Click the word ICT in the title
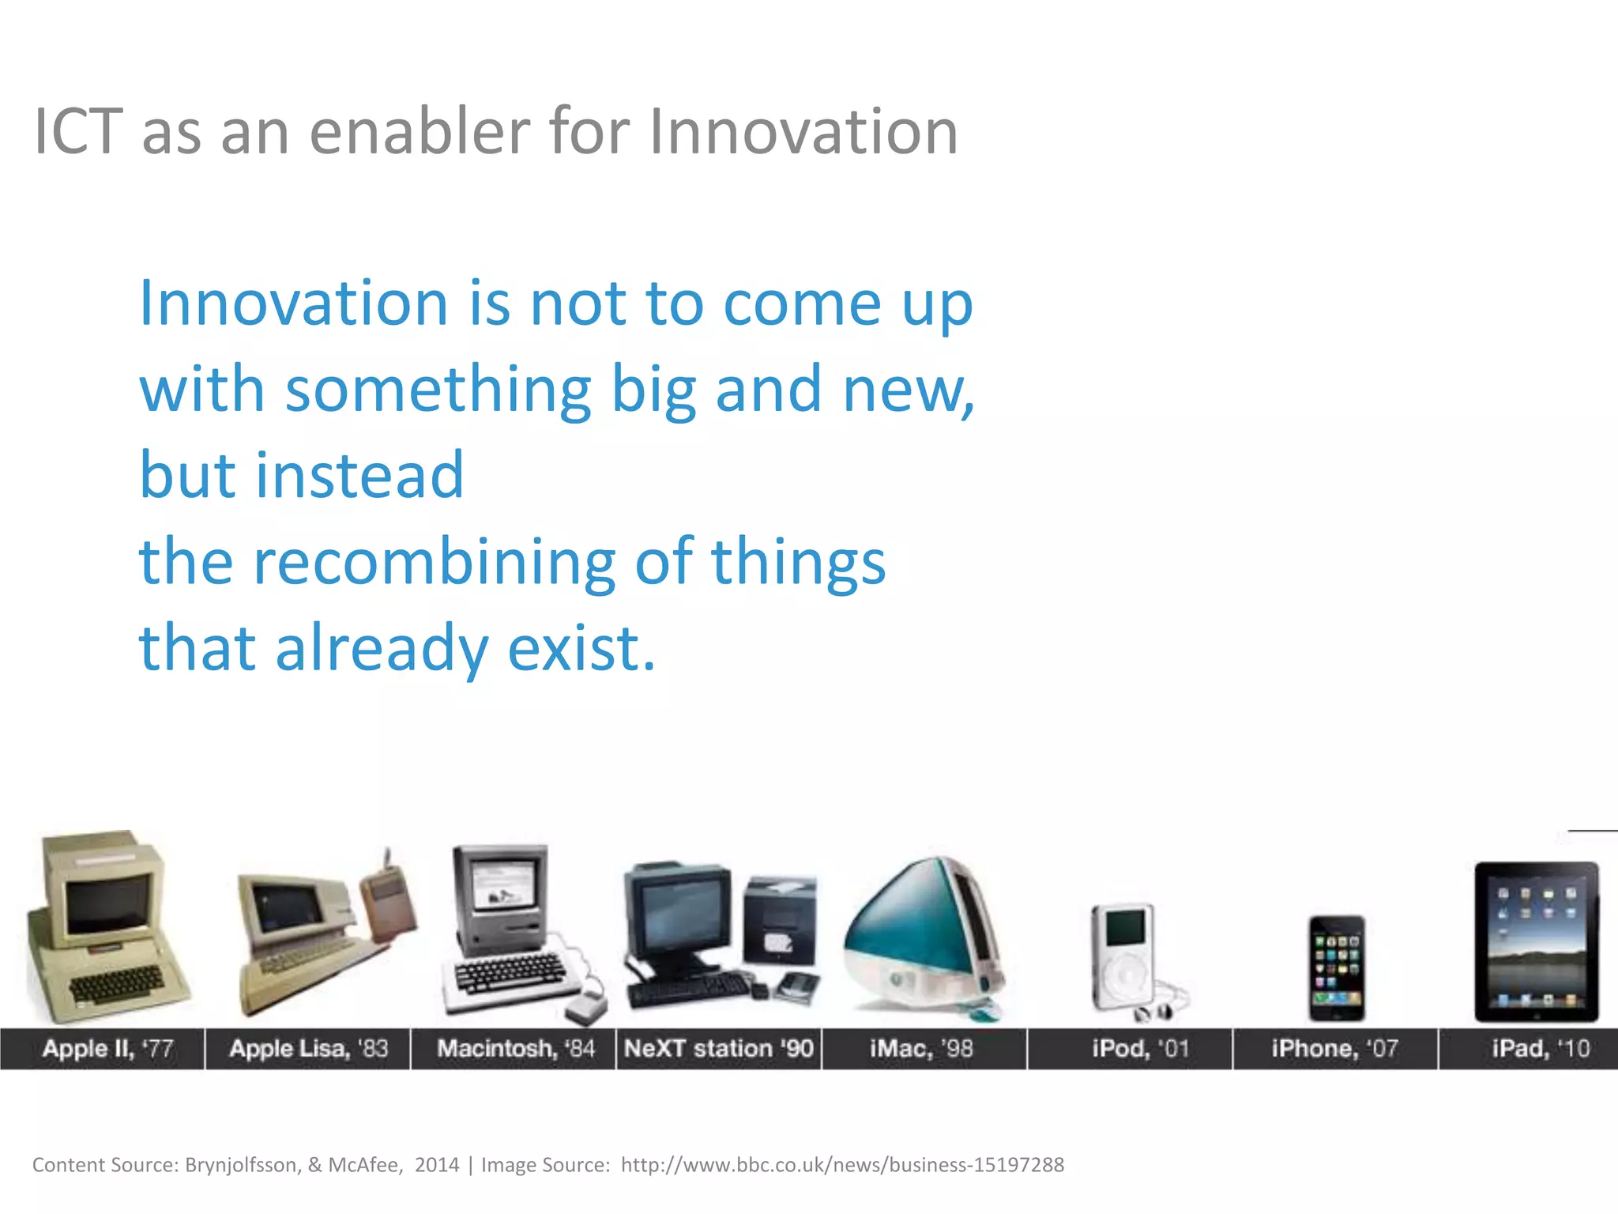(78, 131)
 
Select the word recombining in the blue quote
(434, 563)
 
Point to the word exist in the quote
(581, 649)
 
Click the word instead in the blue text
(359, 476)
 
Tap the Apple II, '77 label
(107, 1049)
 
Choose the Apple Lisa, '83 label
(308, 1049)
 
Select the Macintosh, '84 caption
(515, 1049)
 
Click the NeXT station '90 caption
(718, 1049)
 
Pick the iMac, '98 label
(921, 1049)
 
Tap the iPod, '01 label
(1140, 1049)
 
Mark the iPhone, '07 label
(1334, 1049)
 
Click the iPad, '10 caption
(1540, 1049)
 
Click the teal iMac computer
(920, 937)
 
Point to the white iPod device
(1123, 956)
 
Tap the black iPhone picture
(1336, 968)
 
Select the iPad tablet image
(1537, 942)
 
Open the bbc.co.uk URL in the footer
(842, 1165)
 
